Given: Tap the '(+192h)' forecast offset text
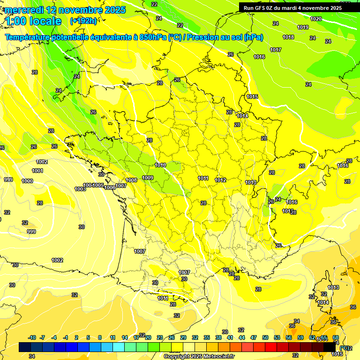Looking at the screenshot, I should click(83, 21).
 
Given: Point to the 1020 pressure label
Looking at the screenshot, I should click(316, 19).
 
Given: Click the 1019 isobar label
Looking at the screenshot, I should click(303, 27).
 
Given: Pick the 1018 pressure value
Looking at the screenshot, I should click(288, 37).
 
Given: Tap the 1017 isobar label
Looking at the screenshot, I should click(276, 50).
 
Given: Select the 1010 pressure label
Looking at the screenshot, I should click(160, 165).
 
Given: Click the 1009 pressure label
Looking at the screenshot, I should click(148, 178).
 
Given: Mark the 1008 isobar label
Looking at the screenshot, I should click(132, 180).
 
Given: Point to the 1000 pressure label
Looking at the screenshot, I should click(27, 181).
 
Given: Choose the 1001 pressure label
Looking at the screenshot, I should click(37, 171).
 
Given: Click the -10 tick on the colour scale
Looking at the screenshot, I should click(32, 337).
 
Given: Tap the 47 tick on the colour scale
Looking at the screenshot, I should click(254, 337).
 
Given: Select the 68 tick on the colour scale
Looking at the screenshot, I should click(336, 337).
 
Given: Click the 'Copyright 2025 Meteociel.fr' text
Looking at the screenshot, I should click(199, 356).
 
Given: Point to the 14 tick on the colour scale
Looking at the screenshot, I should click(125, 337).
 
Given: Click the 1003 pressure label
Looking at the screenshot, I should click(80, 189).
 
